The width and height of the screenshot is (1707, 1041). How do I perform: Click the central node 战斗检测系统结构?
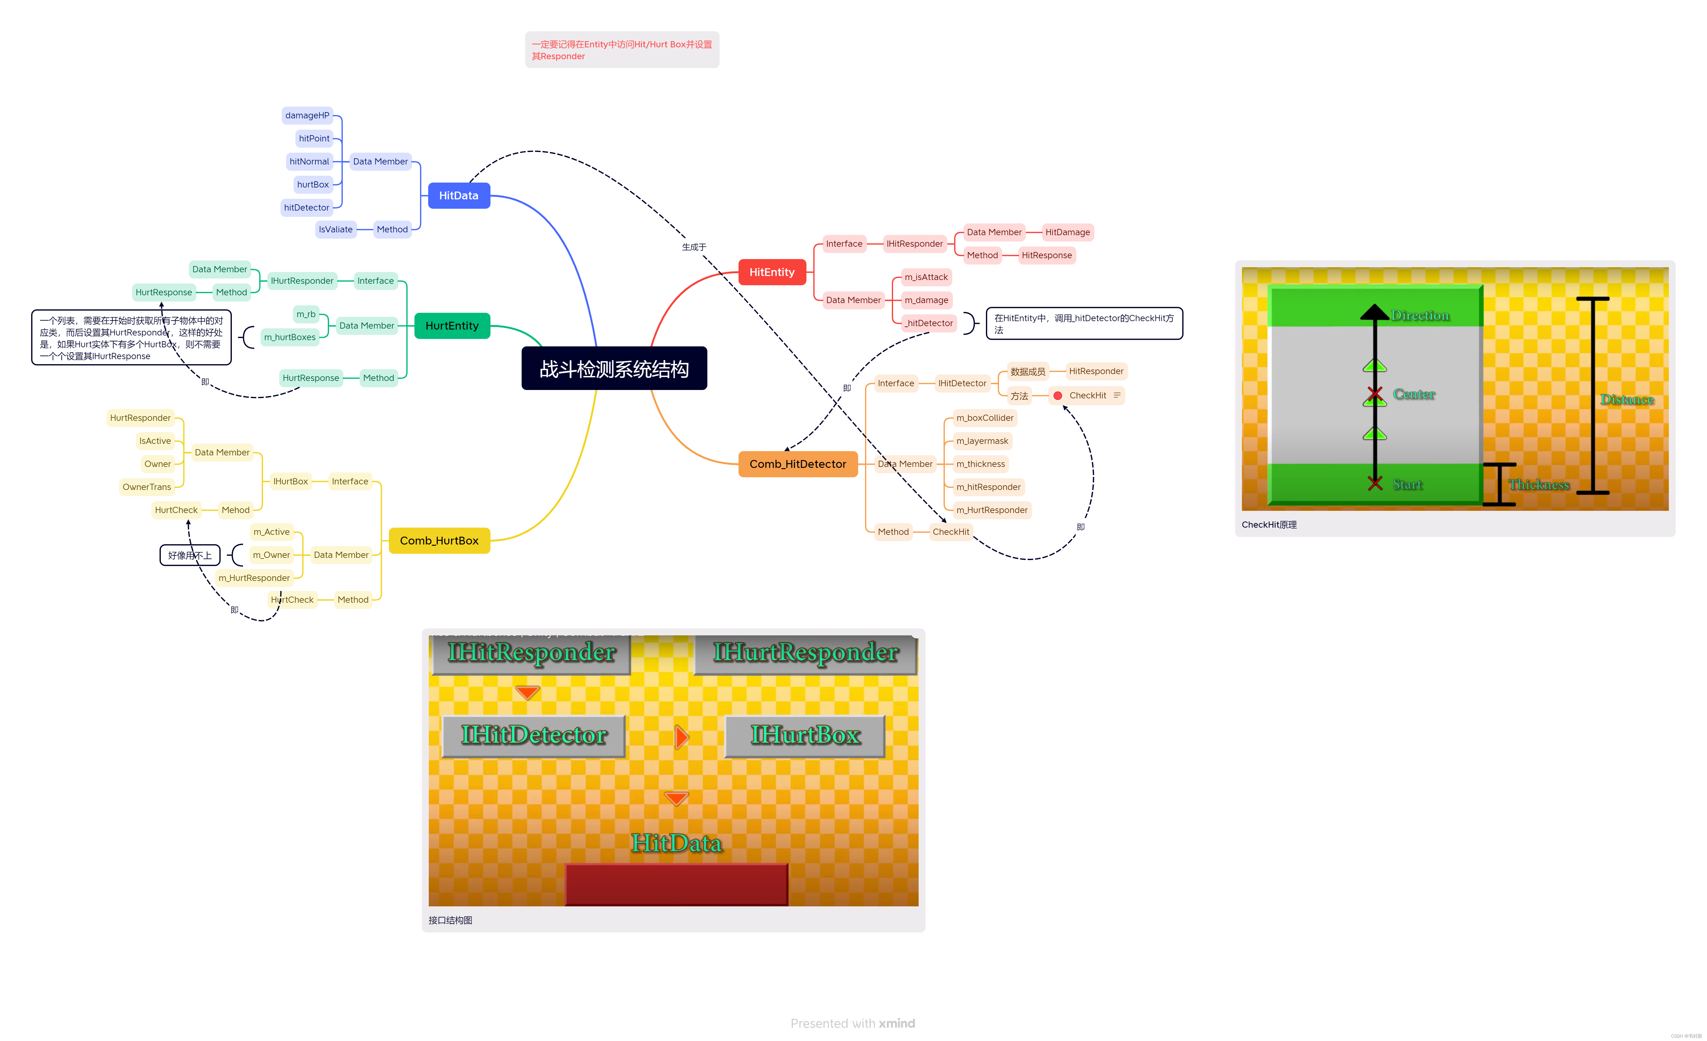[614, 368]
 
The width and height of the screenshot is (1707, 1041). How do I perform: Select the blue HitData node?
[459, 195]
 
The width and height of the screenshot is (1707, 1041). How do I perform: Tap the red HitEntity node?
[772, 272]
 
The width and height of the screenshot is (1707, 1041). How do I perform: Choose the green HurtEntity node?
[452, 326]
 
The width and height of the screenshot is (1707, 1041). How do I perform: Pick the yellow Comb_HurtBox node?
[439, 540]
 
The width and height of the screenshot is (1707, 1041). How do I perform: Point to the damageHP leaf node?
[307, 116]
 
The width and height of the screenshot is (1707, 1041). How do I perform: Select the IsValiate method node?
[335, 229]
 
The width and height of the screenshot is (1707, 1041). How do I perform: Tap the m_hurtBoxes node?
[289, 337]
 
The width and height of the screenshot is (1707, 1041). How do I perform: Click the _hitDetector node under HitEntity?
[928, 323]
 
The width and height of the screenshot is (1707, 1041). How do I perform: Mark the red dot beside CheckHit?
[1057, 396]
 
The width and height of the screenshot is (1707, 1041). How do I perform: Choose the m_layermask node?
[982, 440]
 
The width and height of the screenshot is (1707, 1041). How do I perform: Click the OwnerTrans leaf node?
[146, 487]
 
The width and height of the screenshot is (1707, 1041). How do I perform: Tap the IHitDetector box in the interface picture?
[533, 735]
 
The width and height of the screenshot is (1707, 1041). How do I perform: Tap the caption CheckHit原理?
[1269, 524]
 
